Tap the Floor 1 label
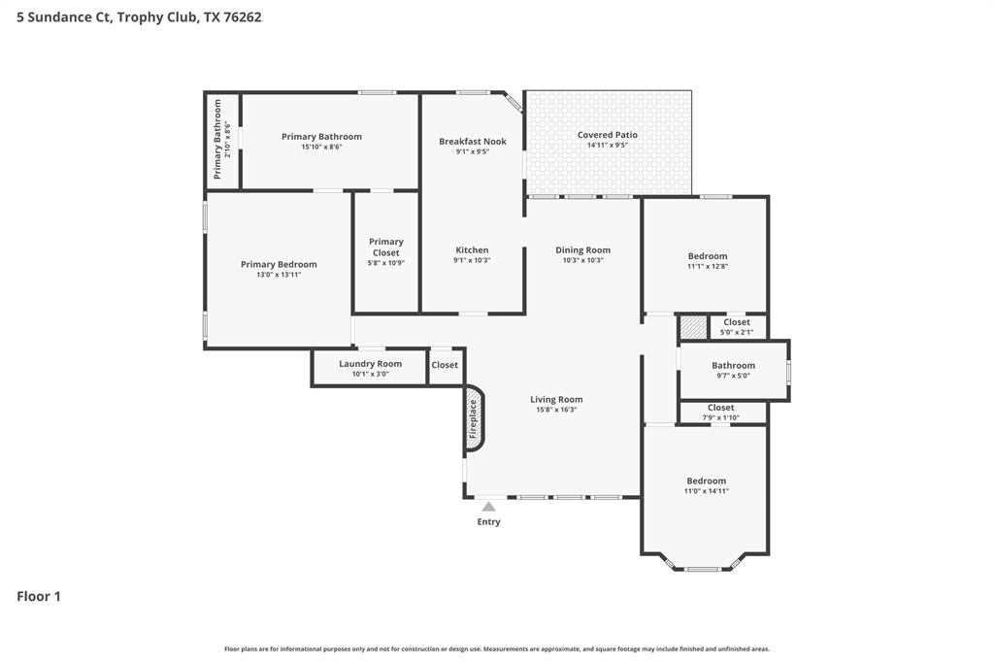[39, 596]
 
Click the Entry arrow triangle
[488, 507]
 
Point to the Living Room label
[556, 399]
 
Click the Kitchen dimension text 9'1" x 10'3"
[472, 260]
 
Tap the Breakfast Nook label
[472, 141]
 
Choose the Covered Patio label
[608, 135]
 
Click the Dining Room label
[582, 249]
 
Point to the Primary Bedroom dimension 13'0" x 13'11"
[279, 275]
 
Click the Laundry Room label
[370, 363]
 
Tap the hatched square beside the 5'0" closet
[692, 327]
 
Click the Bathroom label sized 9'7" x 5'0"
[733, 365]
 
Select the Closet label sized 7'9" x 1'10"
[720, 408]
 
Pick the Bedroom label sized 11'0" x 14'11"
[706, 480]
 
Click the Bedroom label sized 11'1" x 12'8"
[707, 256]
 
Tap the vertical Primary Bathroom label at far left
[217, 139]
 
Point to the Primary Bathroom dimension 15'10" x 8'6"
[321, 147]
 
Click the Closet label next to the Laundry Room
[445, 365]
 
